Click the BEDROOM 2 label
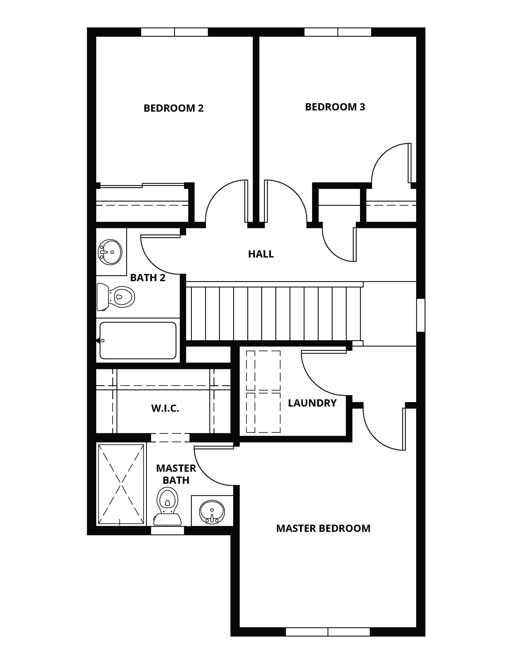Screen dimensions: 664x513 (173, 108)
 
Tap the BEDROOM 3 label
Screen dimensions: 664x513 (335, 107)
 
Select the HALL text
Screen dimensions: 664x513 (261, 254)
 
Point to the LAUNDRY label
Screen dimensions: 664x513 (312, 403)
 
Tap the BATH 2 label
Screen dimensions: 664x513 (148, 278)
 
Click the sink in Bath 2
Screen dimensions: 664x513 (110, 252)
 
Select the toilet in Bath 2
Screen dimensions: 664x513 (116, 297)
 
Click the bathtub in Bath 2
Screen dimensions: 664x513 (138, 340)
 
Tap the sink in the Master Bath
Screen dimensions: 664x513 (212, 511)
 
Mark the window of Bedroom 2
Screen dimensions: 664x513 (175, 32)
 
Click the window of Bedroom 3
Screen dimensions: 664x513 (338, 32)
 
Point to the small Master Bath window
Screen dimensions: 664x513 (168, 531)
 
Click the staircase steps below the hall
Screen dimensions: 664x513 (273, 314)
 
